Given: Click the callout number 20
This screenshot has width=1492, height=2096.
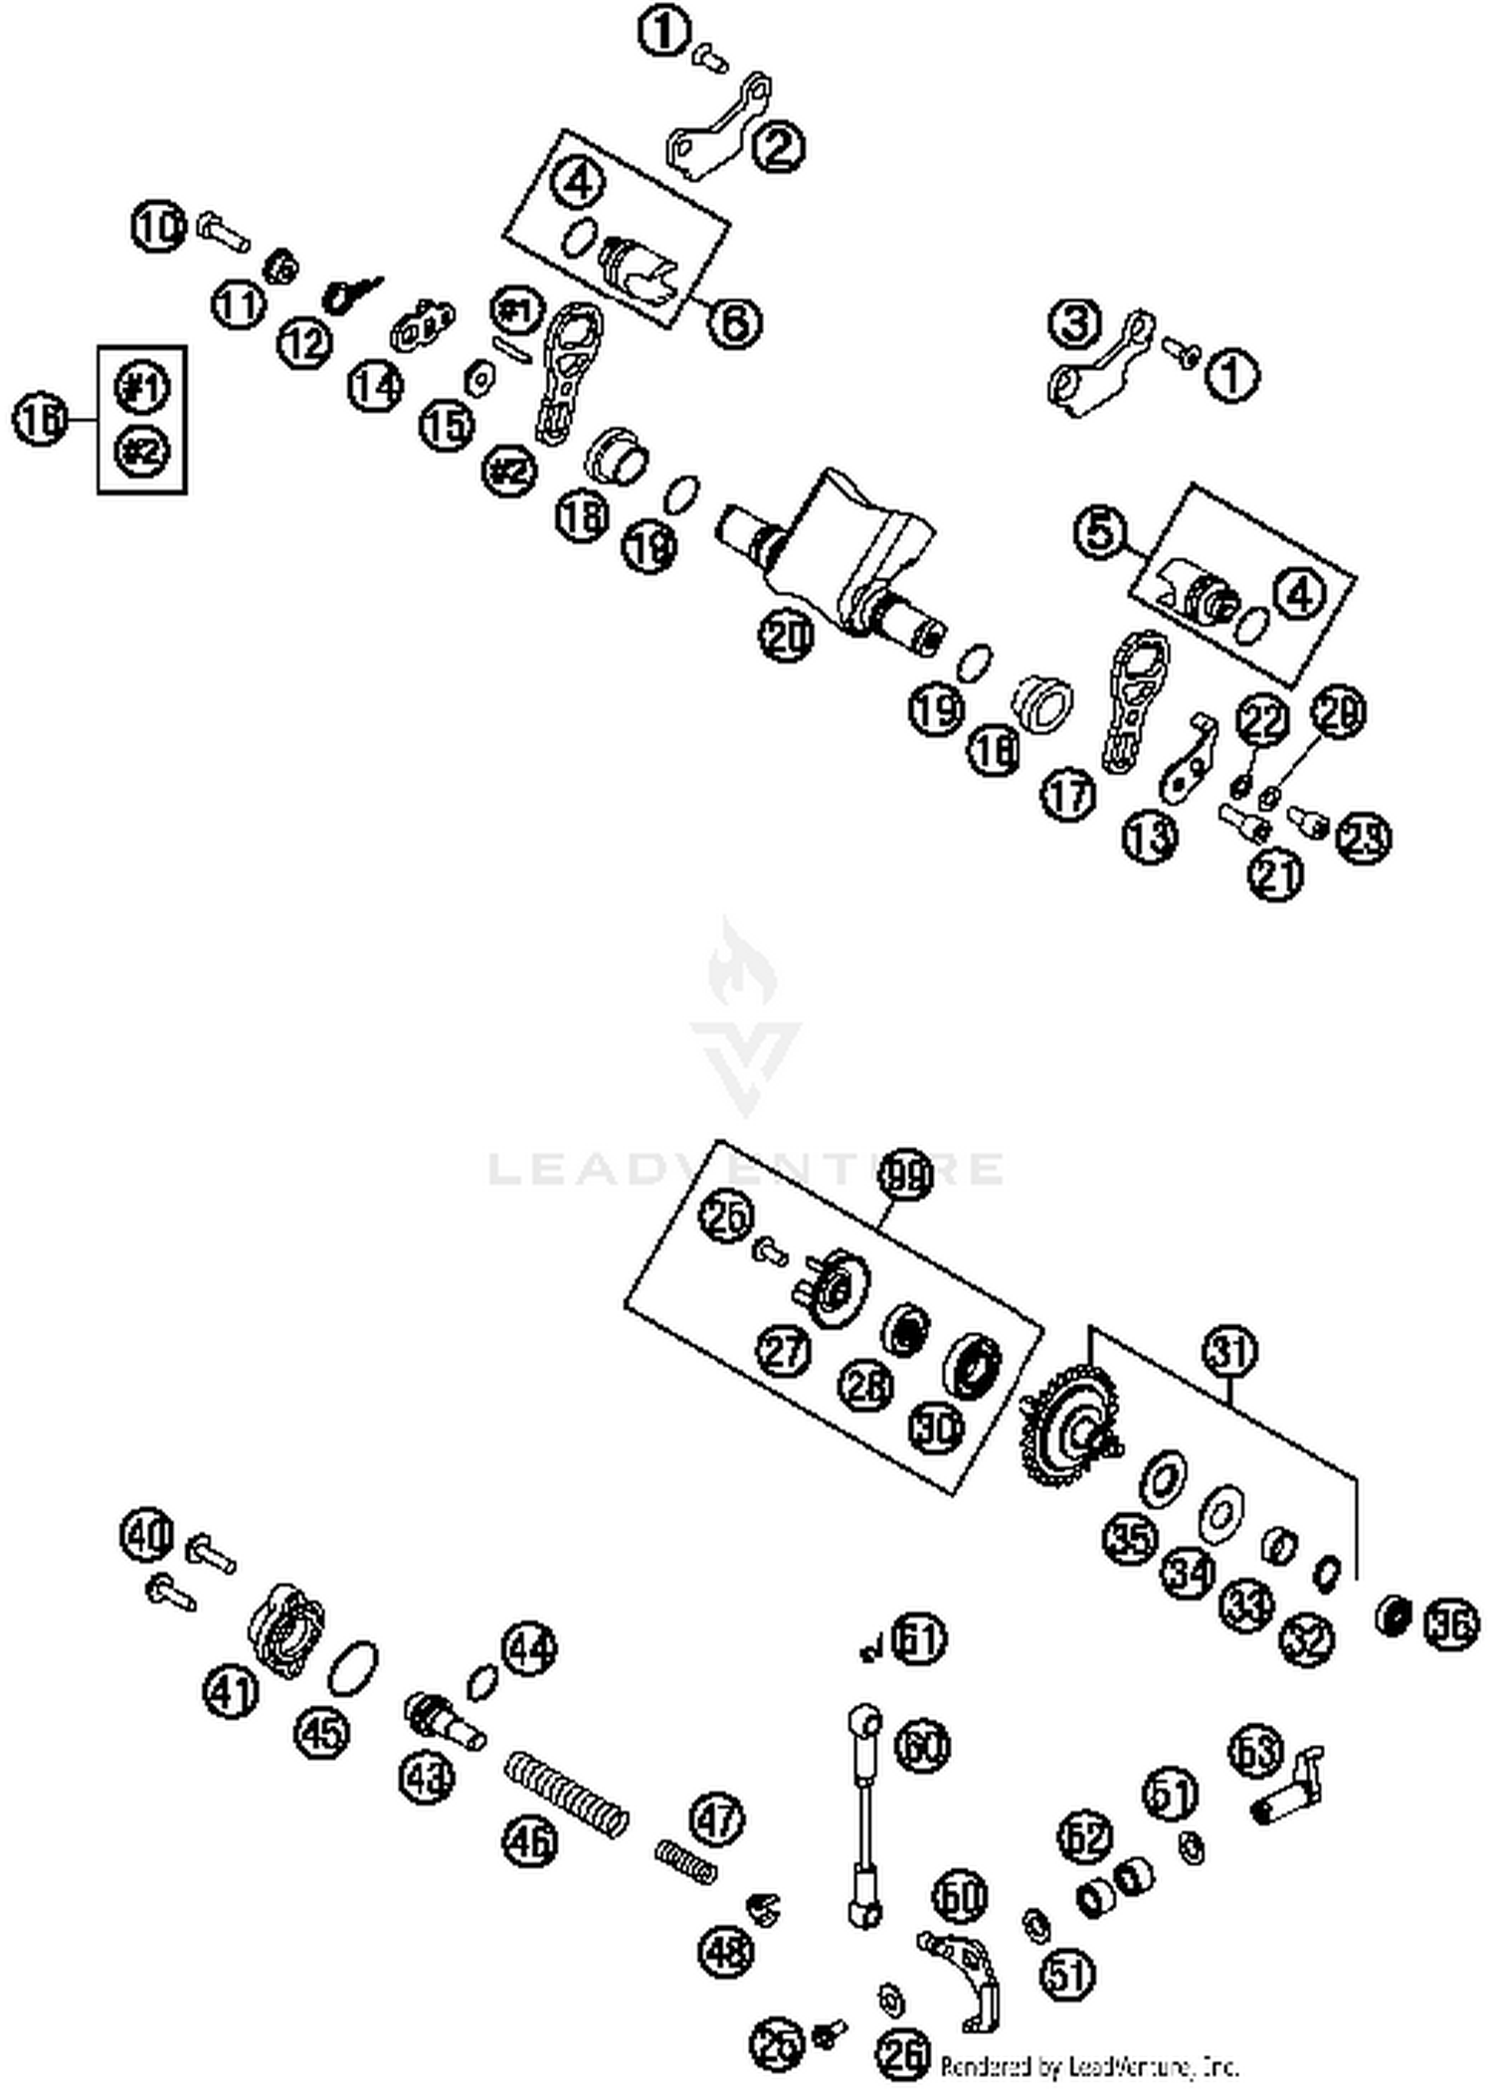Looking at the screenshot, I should pos(786,636).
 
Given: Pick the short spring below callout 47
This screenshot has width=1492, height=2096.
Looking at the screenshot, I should pos(686,1860).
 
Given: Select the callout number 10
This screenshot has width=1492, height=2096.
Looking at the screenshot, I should pos(158,226).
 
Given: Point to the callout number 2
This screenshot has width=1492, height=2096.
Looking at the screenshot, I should pos(779,146).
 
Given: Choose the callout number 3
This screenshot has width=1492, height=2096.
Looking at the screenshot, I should pos(1075,322).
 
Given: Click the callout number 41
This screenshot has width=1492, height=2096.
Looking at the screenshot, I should pos(231,1690).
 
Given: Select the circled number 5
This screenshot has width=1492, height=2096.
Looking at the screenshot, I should pos(1101,531).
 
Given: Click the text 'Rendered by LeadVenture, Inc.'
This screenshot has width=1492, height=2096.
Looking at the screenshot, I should pos(1089,2066).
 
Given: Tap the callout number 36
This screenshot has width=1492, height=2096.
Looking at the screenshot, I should pos(1451,1623).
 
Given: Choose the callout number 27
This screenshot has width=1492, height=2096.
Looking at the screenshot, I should pos(784,1350).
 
